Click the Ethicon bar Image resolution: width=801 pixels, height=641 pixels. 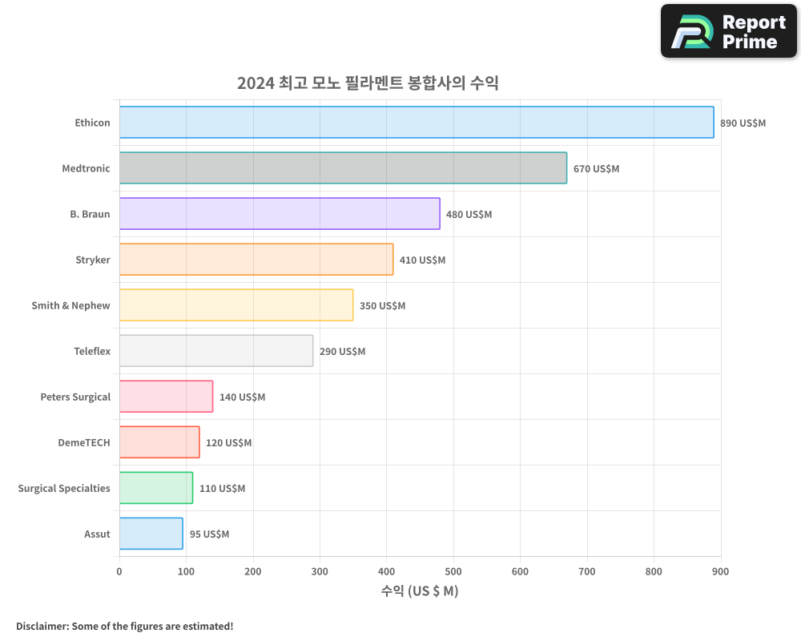[x=417, y=123]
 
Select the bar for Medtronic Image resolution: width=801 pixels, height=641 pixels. [x=343, y=168]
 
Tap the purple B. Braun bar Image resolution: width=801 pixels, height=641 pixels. [x=280, y=214]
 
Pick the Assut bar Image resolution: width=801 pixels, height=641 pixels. [x=151, y=534]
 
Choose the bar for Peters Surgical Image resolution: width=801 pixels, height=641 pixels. [x=166, y=397]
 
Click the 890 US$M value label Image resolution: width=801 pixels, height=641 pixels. [x=743, y=123]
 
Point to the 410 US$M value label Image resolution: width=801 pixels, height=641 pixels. [x=422, y=260]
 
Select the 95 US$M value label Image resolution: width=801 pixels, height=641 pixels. [x=209, y=534]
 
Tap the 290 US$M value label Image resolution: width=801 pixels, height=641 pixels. [x=342, y=352]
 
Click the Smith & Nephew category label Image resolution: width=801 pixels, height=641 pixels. [x=70, y=305]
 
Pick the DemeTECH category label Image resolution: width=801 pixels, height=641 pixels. [x=83, y=442]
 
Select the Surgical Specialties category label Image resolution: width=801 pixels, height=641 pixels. [x=64, y=488]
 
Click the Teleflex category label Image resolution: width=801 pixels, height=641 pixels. [x=91, y=351]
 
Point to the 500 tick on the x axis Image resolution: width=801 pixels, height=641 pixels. [x=453, y=571]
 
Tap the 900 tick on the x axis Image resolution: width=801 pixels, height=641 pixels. [x=720, y=571]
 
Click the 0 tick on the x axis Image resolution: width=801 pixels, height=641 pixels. [x=119, y=571]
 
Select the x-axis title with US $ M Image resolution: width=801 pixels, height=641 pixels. [x=419, y=591]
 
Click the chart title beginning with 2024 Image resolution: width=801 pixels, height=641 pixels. [x=368, y=83]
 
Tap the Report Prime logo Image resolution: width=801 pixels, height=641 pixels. [x=729, y=31]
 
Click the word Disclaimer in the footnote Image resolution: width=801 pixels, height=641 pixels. [x=41, y=626]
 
